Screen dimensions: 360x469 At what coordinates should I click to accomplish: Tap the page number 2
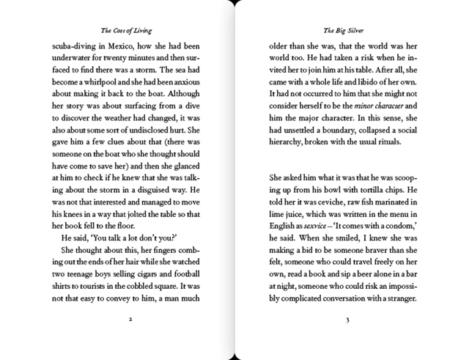coord(129,320)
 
